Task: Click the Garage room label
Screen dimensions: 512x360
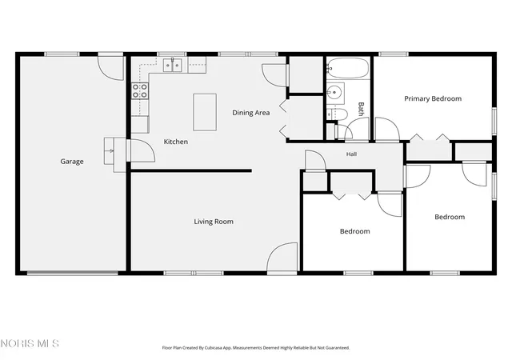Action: [x=72, y=162]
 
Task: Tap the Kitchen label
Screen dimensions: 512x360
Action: [x=176, y=142]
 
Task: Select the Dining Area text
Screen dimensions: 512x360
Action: [x=250, y=113]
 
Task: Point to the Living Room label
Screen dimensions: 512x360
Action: [x=214, y=222]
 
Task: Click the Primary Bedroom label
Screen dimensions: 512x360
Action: [x=433, y=98]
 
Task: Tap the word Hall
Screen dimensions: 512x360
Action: [x=352, y=154]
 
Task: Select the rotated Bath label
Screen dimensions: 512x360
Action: [x=361, y=109]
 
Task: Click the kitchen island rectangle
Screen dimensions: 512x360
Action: [x=205, y=112]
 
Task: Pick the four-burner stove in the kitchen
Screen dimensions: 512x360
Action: [x=140, y=91]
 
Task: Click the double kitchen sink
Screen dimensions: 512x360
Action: [x=173, y=66]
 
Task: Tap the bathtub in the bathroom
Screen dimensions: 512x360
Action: [x=348, y=68]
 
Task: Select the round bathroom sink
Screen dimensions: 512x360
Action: [x=334, y=93]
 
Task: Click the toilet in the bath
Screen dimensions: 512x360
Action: [x=338, y=114]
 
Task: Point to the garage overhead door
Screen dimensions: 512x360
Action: [x=72, y=273]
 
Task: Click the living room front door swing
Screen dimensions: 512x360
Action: [x=282, y=257]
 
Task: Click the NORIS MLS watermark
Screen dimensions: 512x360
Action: [x=30, y=343]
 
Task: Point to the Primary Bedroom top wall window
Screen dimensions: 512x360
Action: [x=394, y=54]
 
